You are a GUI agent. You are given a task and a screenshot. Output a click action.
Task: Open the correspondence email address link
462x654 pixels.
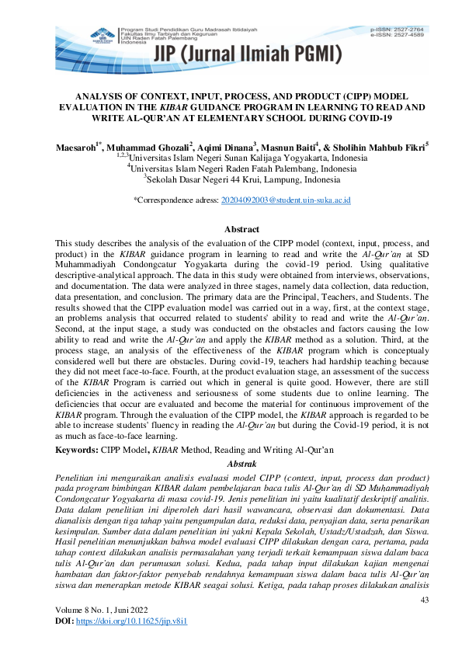pyautogui.click(x=286, y=200)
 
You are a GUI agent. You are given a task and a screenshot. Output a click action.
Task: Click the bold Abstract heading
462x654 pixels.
pyautogui.click(x=241, y=230)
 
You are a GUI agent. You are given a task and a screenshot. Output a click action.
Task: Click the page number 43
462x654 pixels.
pyautogui.click(x=424, y=601)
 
